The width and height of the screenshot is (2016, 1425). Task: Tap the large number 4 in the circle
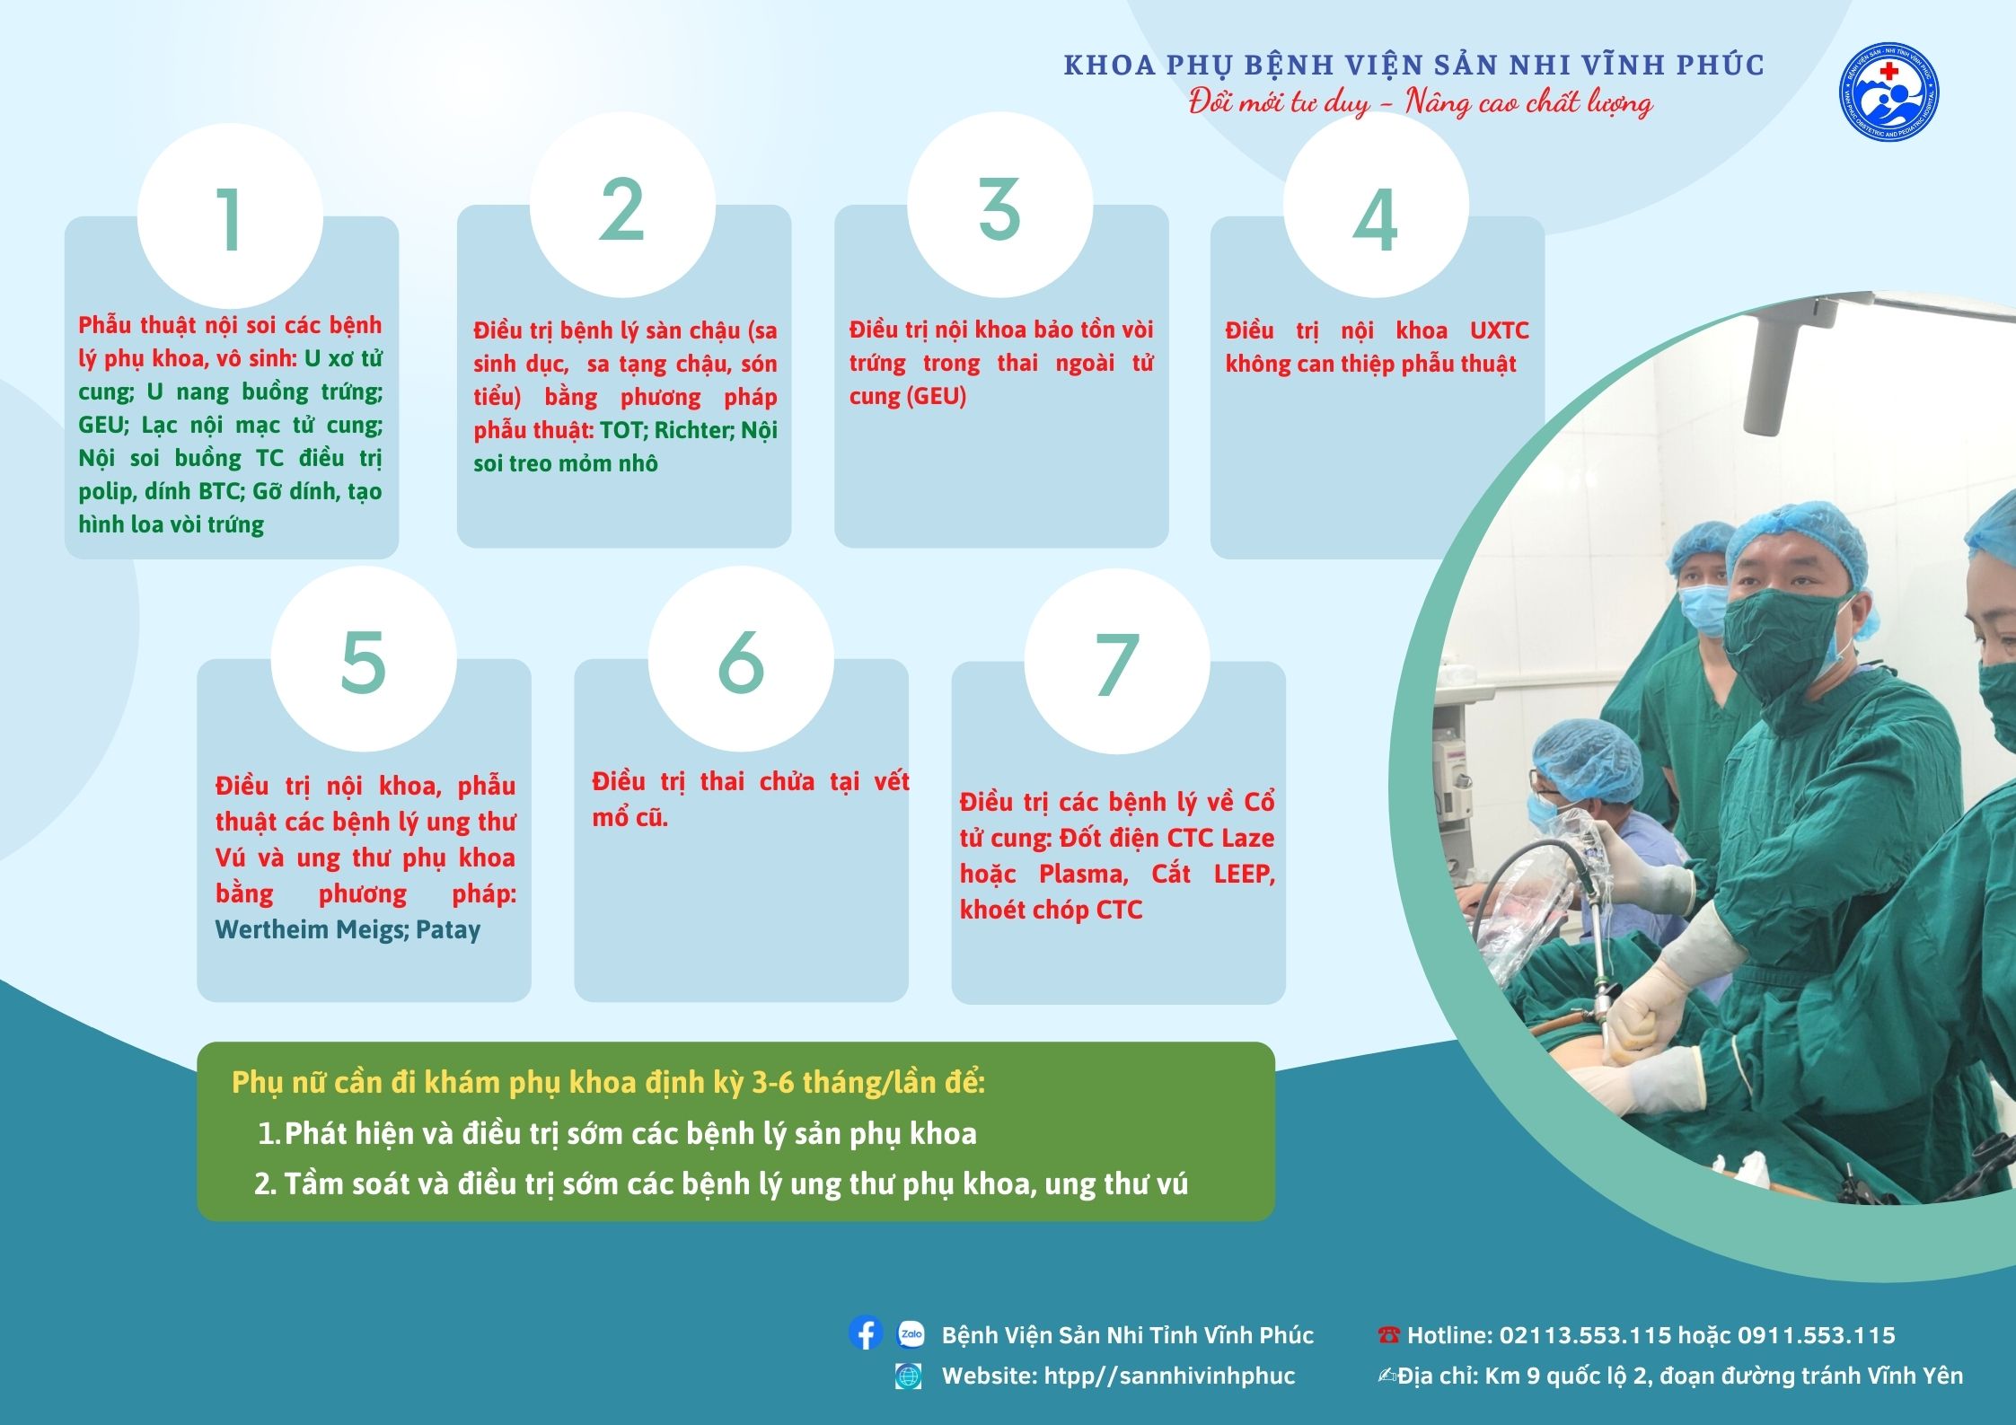coord(1375,220)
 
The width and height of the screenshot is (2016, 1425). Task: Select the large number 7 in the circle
coord(1117,665)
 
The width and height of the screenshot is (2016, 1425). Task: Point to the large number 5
coord(364,662)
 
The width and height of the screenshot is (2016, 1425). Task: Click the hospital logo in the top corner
coord(1888,92)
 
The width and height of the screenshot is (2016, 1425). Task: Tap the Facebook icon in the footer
coord(865,1333)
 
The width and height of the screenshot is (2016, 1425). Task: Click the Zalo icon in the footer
coord(911,1334)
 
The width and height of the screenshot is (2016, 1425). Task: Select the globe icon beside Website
coord(908,1376)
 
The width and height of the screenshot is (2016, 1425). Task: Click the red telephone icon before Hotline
coord(1388,1335)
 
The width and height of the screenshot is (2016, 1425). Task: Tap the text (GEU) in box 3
coord(937,396)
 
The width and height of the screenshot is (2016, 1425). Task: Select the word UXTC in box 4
coord(1499,330)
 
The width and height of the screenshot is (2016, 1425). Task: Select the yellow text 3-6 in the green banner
coord(773,1082)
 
